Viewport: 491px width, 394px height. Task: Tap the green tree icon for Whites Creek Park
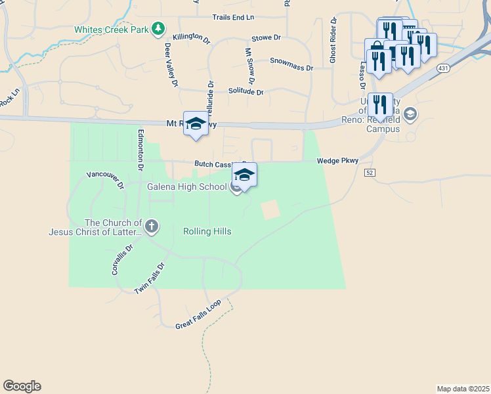click(x=158, y=28)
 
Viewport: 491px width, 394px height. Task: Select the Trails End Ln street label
click(x=233, y=16)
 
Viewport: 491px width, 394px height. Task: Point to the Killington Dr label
click(x=191, y=39)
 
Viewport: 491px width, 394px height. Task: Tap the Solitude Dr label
click(x=245, y=92)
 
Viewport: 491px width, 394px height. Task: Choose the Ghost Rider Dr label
click(x=333, y=40)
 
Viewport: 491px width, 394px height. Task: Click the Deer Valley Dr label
click(x=171, y=65)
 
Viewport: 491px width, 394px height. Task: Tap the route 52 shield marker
click(x=370, y=172)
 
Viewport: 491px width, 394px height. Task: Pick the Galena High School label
click(x=188, y=186)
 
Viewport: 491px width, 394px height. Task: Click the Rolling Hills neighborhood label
click(x=207, y=231)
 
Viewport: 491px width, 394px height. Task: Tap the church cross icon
click(x=152, y=227)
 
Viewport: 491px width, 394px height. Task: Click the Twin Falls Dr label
click(x=149, y=278)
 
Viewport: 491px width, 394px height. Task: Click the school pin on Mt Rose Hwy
click(x=196, y=125)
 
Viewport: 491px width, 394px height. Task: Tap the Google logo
click(x=22, y=386)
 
